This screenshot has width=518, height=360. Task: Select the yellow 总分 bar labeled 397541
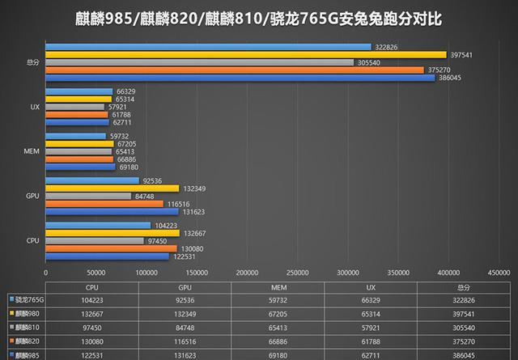[x=183, y=54]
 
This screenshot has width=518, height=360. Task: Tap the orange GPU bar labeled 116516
[x=104, y=203]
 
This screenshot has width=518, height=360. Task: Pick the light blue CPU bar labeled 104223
[x=98, y=225]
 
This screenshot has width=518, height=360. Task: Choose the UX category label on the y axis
[x=35, y=107]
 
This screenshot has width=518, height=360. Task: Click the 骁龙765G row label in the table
[x=26, y=299]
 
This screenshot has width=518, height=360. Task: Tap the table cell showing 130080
[x=92, y=341]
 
